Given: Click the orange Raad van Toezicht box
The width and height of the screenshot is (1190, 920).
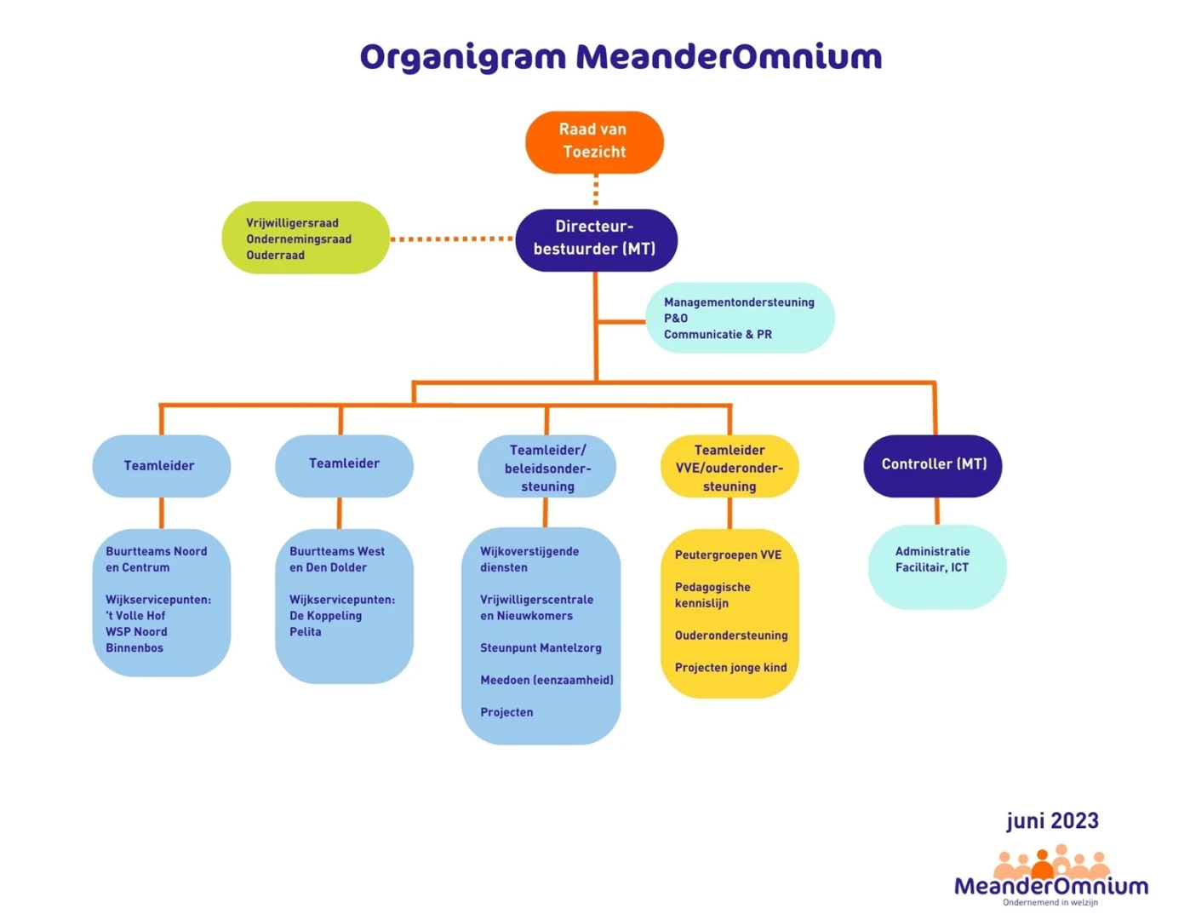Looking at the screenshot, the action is click(594, 142).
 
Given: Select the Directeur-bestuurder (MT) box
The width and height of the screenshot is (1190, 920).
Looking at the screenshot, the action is click(596, 239).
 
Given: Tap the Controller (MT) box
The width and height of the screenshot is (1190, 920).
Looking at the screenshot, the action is click(933, 465).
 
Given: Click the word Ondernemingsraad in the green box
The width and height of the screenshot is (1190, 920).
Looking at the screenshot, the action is click(299, 239).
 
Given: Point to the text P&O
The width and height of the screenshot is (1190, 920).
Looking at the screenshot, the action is click(676, 319).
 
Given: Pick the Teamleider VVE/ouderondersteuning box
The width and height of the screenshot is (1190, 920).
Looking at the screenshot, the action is click(729, 466).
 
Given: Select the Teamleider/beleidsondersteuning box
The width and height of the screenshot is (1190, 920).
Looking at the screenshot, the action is click(546, 466).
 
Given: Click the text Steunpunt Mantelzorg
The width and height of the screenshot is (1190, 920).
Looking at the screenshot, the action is click(541, 647).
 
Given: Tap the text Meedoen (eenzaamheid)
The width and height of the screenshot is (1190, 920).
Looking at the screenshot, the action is click(546, 680).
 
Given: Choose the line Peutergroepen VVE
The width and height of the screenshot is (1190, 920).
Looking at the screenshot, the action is click(728, 555).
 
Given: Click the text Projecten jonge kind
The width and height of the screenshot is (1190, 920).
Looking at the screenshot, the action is click(730, 667).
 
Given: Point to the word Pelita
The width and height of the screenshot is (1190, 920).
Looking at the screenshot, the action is click(305, 632).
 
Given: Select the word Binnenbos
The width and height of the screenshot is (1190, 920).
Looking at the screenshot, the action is click(134, 647).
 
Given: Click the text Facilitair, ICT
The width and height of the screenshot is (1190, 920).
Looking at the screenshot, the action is click(931, 567).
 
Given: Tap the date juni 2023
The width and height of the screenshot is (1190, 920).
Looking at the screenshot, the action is click(1052, 821).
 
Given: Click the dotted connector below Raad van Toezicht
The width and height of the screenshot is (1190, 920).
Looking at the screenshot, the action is click(596, 191).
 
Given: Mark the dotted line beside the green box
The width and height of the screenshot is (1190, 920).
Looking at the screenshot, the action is click(452, 239).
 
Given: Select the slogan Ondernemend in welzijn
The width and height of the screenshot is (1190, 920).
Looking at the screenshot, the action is click(1050, 902).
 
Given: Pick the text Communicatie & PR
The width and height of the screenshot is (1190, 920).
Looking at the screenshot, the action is click(718, 334).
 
